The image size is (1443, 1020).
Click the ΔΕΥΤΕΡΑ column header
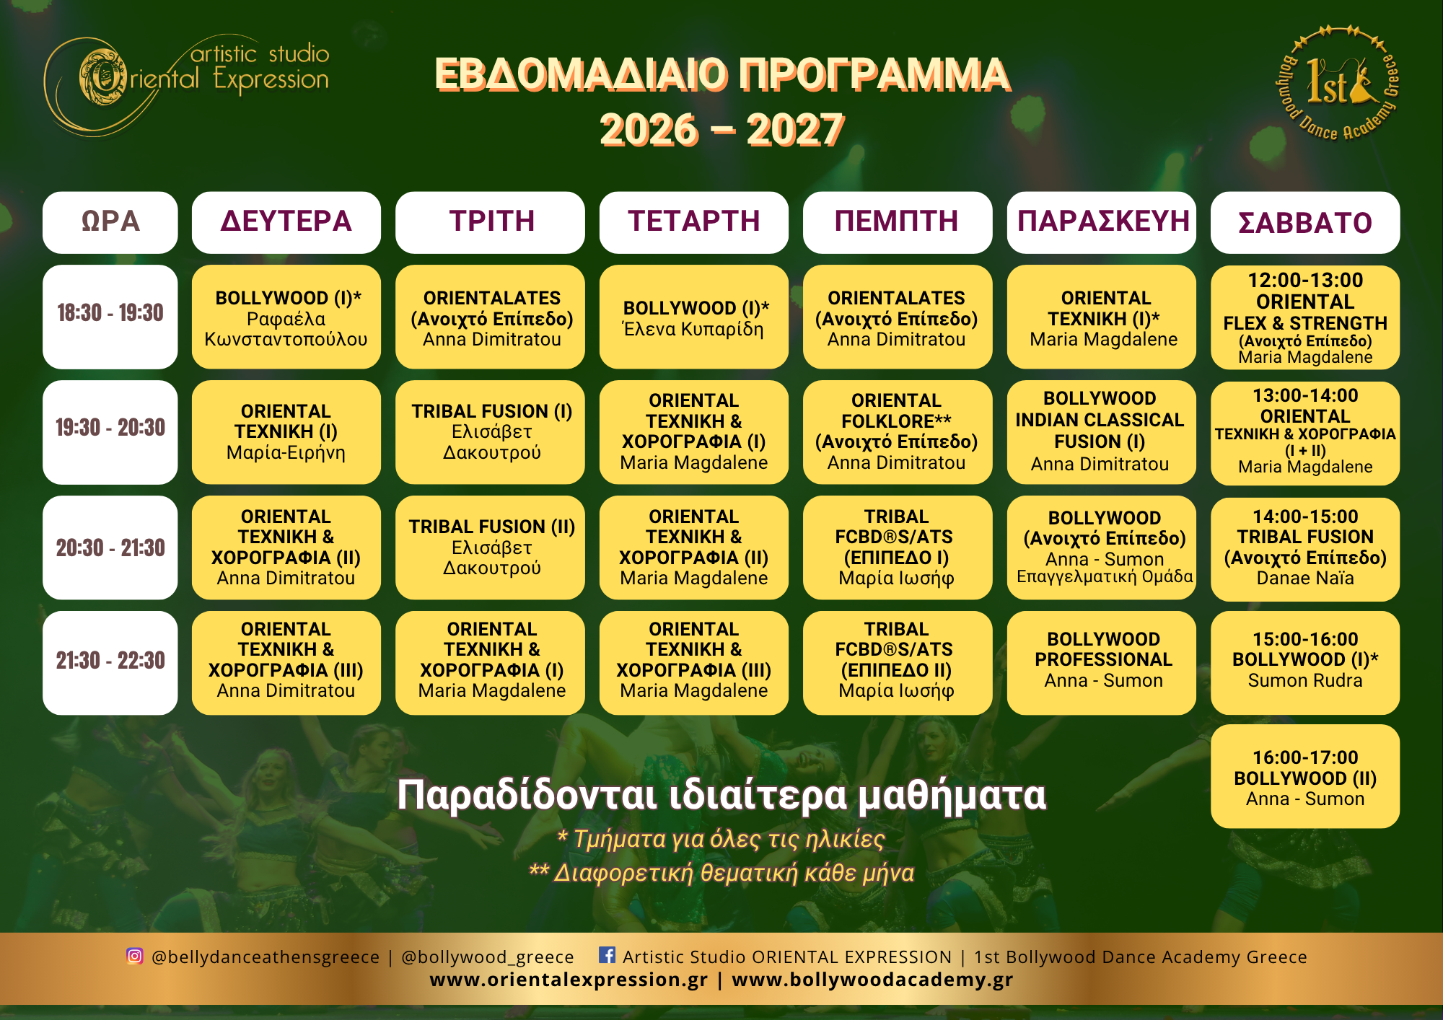286,222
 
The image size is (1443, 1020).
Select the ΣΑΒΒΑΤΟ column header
1305,222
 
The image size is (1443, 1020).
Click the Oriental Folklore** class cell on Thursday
897,432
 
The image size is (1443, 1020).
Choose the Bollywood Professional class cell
1102,663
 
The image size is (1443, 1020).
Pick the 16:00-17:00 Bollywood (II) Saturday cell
1305,776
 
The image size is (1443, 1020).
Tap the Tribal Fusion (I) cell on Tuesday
491,432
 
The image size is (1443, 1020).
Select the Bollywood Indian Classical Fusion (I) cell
1102,432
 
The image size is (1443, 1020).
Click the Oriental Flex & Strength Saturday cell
1305,317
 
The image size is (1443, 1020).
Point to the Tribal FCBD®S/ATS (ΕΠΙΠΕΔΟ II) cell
897,663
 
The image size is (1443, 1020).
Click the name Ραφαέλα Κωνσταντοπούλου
286,329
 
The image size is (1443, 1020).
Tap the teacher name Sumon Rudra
1305,680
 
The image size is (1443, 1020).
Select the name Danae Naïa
1305,578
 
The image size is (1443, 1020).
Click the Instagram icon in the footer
135,956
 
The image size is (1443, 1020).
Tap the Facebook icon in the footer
608,955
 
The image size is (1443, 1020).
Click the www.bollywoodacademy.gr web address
872,980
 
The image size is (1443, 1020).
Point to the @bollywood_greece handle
488,957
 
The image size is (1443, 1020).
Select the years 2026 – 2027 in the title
722,130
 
